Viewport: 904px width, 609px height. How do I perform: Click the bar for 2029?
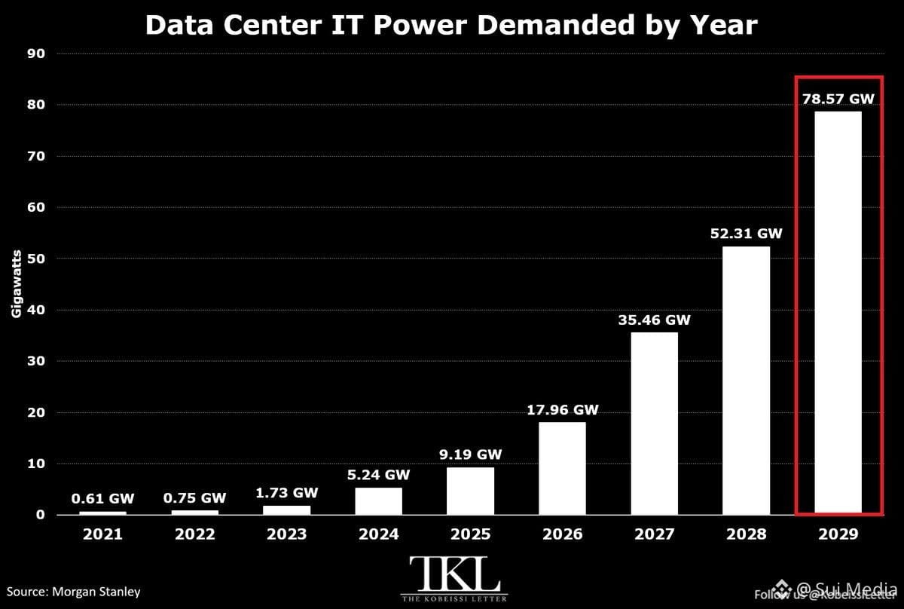coord(838,313)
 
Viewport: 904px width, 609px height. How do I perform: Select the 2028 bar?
coord(746,381)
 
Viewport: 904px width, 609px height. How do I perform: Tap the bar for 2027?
coord(654,424)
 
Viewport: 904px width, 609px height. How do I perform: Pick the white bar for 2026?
coord(562,469)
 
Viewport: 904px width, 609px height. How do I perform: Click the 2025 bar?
coord(470,491)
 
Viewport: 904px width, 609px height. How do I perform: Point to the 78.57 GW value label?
coord(838,99)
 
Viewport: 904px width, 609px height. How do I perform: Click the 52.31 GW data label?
coord(747,234)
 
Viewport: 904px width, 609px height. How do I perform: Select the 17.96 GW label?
coord(562,410)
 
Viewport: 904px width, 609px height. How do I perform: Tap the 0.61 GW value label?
coord(102,499)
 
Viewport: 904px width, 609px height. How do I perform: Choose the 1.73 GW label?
coord(287,493)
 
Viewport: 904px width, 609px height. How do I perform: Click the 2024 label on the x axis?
coord(378,534)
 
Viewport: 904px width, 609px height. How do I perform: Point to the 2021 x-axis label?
coord(102,534)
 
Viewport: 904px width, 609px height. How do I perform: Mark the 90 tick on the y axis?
coord(36,54)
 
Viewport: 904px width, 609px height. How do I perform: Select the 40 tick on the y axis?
coord(36,311)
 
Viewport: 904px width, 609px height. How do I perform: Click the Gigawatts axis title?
coord(16,284)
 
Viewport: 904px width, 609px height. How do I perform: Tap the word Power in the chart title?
coord(420,25)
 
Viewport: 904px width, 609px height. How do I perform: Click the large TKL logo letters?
coord(454,574)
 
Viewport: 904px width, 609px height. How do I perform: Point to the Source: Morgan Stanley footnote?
coord(74,592)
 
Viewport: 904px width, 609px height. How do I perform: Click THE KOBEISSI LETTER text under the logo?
coord(454,599)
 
